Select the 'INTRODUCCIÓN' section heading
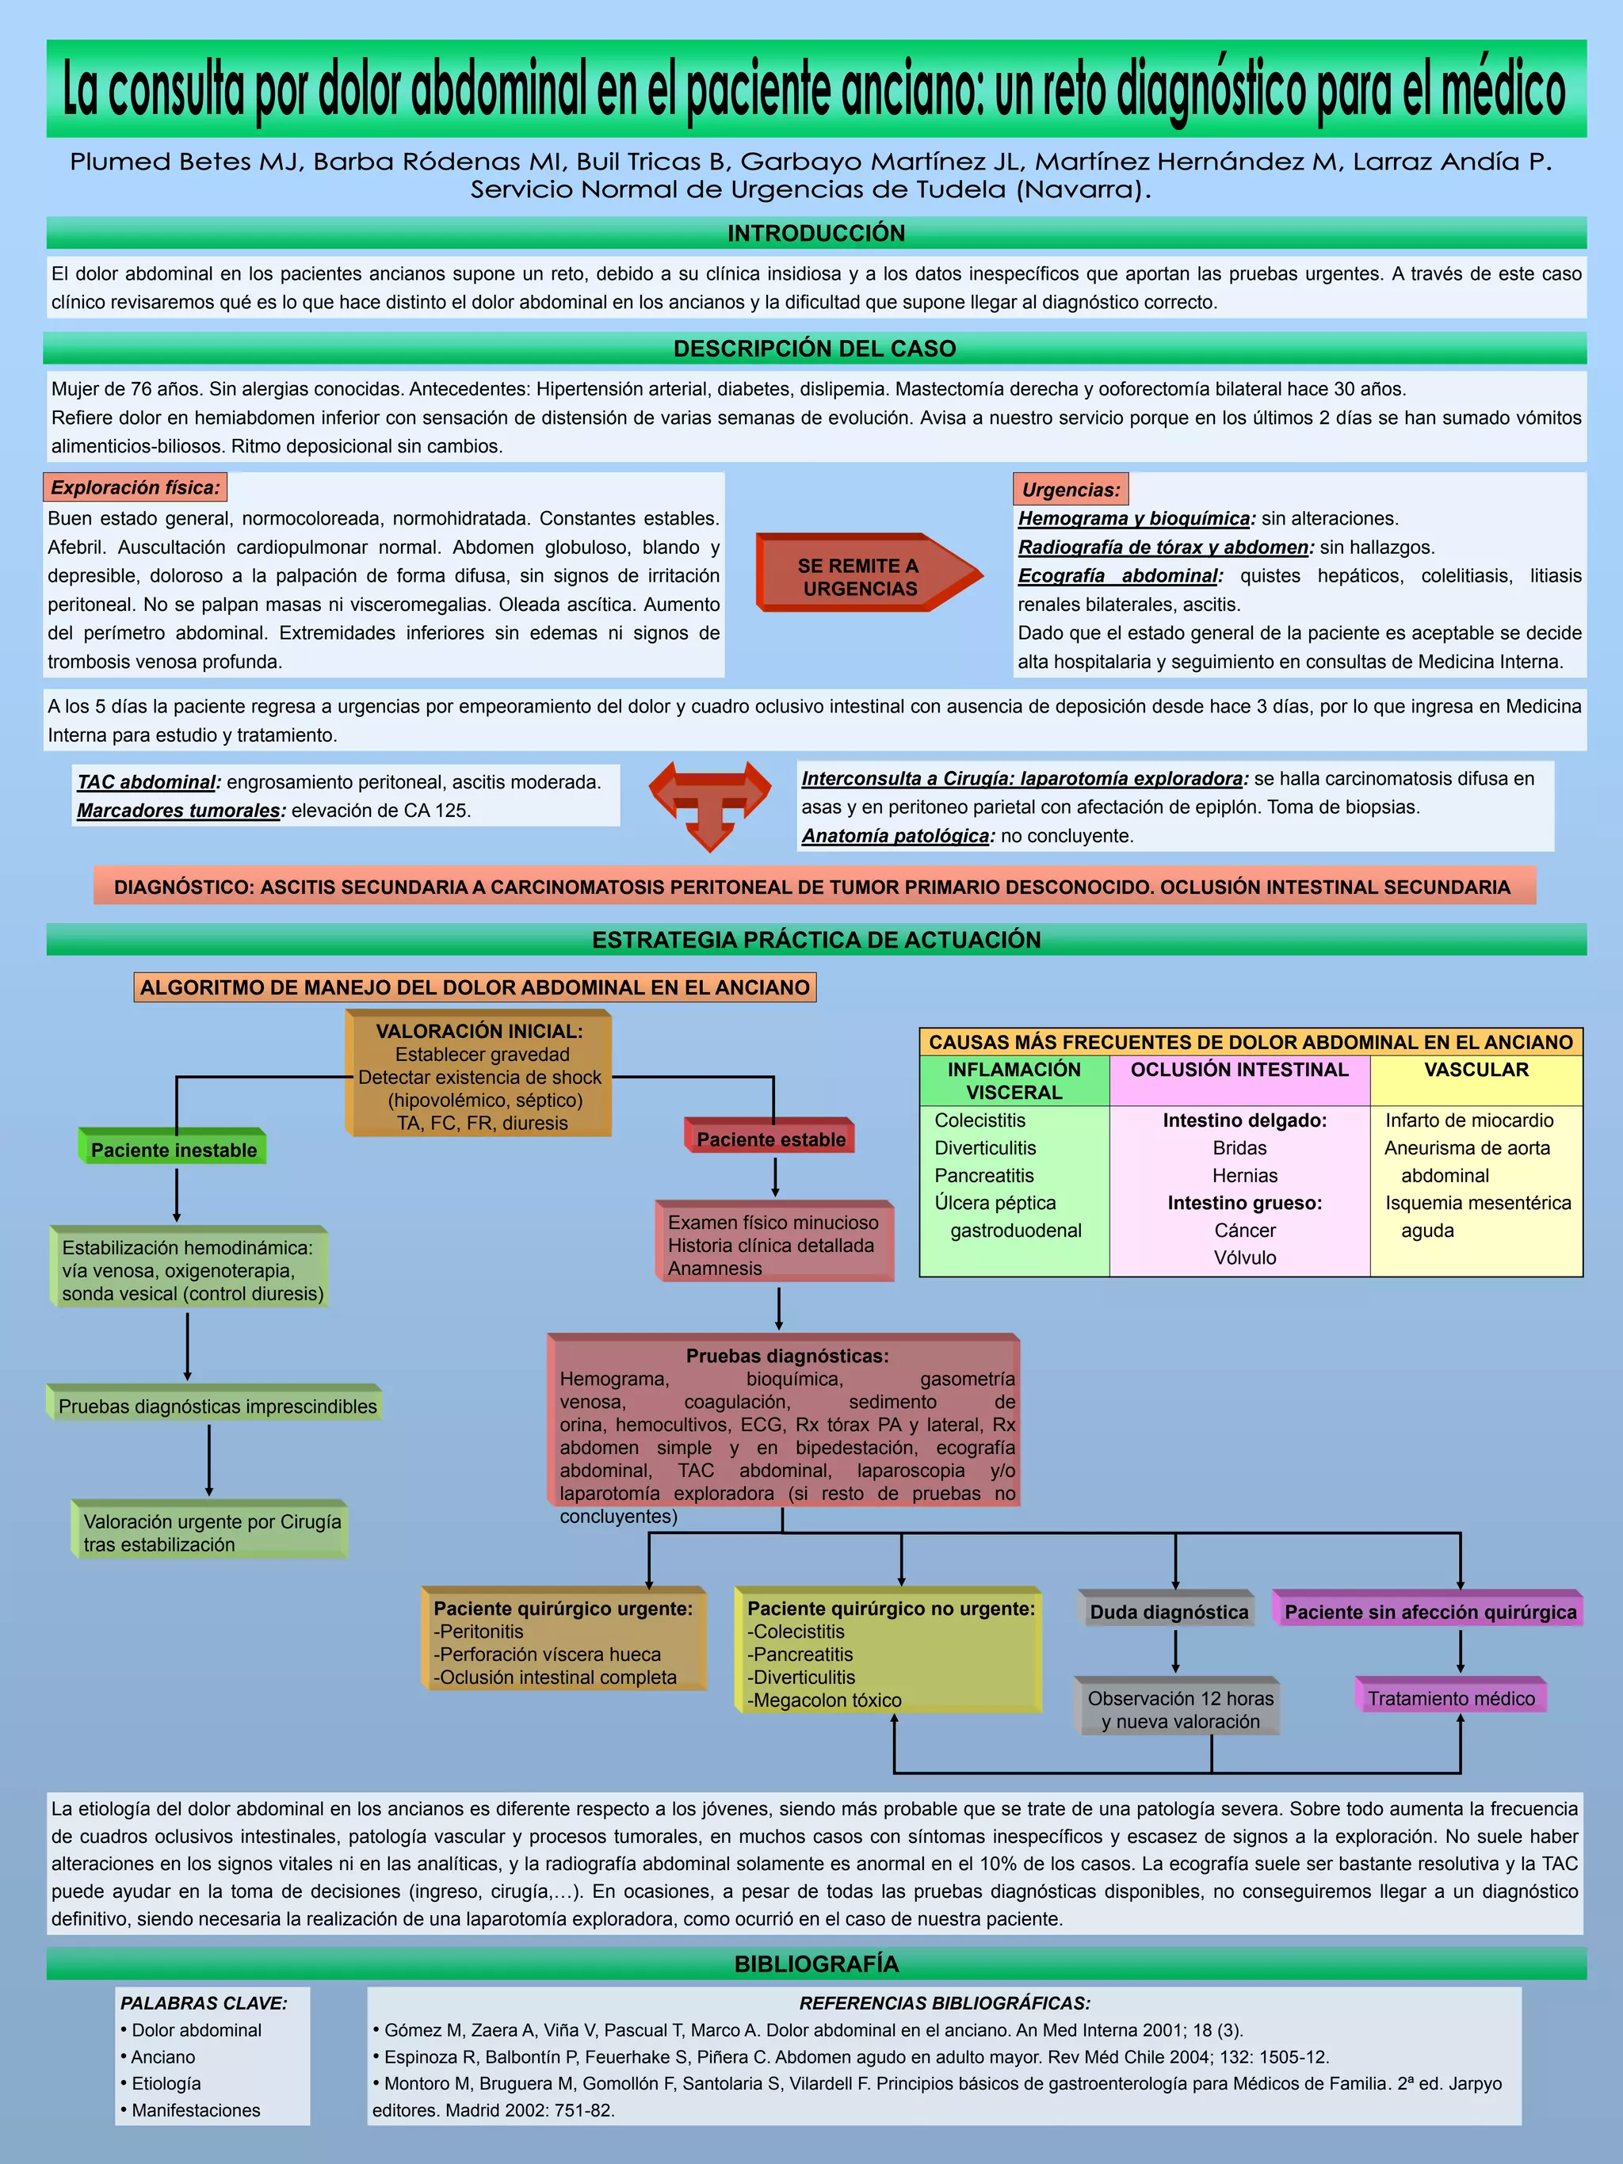point(816,233)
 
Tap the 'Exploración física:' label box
point(135,487)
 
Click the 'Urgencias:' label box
point(1071,489)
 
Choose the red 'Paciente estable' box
point(771,1139)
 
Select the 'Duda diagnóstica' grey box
point(1169,1611)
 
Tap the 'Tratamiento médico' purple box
point(1451,1697)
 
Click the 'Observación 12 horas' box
point(1180,1709)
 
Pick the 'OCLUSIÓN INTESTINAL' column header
point(1239,1069)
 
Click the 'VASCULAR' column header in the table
point(1476,1069)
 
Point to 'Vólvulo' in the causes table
point(1244,1257)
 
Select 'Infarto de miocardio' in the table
point(1468,1120)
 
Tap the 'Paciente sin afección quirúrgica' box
point(1430,1611)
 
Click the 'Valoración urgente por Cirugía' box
point(212,1532)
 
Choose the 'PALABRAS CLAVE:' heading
point(204,2002)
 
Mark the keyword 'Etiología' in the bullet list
point(166,2083)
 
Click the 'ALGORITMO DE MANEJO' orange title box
point(475,987)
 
